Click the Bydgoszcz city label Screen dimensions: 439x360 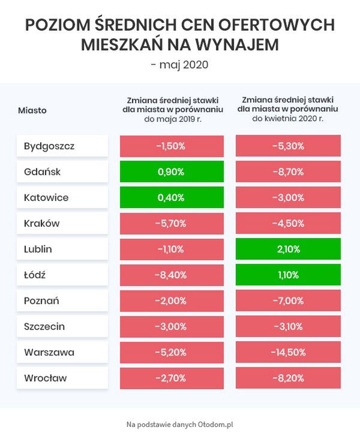62,146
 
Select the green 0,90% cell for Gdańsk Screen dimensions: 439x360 172,172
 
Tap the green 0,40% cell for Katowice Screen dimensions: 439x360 172,197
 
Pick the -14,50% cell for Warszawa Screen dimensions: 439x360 288,352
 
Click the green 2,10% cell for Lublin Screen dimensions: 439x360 288,249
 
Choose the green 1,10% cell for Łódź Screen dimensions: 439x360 288,275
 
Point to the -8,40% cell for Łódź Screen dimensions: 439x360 172,275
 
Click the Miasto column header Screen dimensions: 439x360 32,110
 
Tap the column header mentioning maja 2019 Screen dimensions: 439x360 172,110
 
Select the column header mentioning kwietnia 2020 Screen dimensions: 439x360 288,110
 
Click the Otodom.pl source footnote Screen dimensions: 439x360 180,424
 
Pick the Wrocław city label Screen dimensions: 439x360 62,378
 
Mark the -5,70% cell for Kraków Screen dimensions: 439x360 172,223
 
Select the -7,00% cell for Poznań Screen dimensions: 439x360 288,300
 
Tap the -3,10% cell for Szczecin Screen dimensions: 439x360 288,326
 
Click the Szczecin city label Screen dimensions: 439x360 62,326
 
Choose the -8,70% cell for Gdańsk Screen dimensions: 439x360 288,172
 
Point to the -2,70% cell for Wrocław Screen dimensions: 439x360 172,378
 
